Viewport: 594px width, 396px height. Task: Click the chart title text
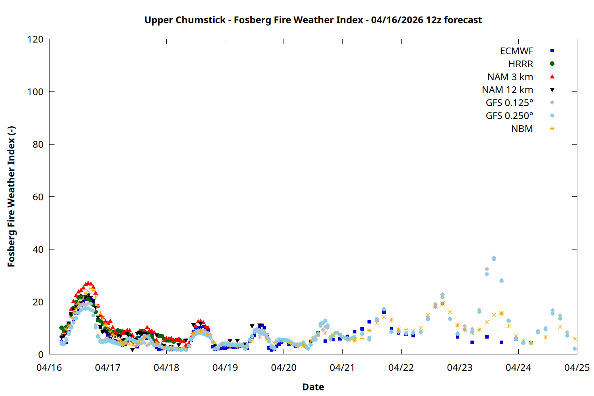(x=313, y=20)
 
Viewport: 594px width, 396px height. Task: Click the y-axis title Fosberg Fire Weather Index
(x=11, y=197)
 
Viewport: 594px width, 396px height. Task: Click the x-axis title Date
(x=313, y=387)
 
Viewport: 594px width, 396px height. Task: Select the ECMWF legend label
(x=516, y=51)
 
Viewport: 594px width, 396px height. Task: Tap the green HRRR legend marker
(x=552, y=64)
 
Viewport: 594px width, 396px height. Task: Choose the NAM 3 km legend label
(x=510, y=77)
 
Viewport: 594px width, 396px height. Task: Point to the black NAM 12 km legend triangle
(x=552, y=90)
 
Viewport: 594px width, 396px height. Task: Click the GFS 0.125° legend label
(x=509, y=103)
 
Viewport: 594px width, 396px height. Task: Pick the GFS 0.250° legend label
(x=509, y=116)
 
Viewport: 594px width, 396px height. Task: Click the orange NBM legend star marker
(x=552, y=129)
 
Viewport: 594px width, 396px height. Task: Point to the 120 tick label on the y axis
(x=36, y=39)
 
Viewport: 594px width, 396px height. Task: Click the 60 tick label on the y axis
(x=38, y=197)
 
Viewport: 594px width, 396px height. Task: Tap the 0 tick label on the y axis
(x=40, y=354)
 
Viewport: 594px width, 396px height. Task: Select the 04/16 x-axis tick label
(x=49, y=367)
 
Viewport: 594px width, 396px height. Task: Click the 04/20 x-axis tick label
(x=284, y=367)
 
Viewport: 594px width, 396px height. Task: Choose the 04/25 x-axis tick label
(x=577, y=367)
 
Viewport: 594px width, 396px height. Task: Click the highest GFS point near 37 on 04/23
(x=494, y=258)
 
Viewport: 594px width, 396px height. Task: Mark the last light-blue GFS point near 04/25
(x=575, y=349)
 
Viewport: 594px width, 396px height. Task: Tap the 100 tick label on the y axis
(x=36, y=92)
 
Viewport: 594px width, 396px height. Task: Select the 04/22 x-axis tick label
(x=401, y=367)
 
